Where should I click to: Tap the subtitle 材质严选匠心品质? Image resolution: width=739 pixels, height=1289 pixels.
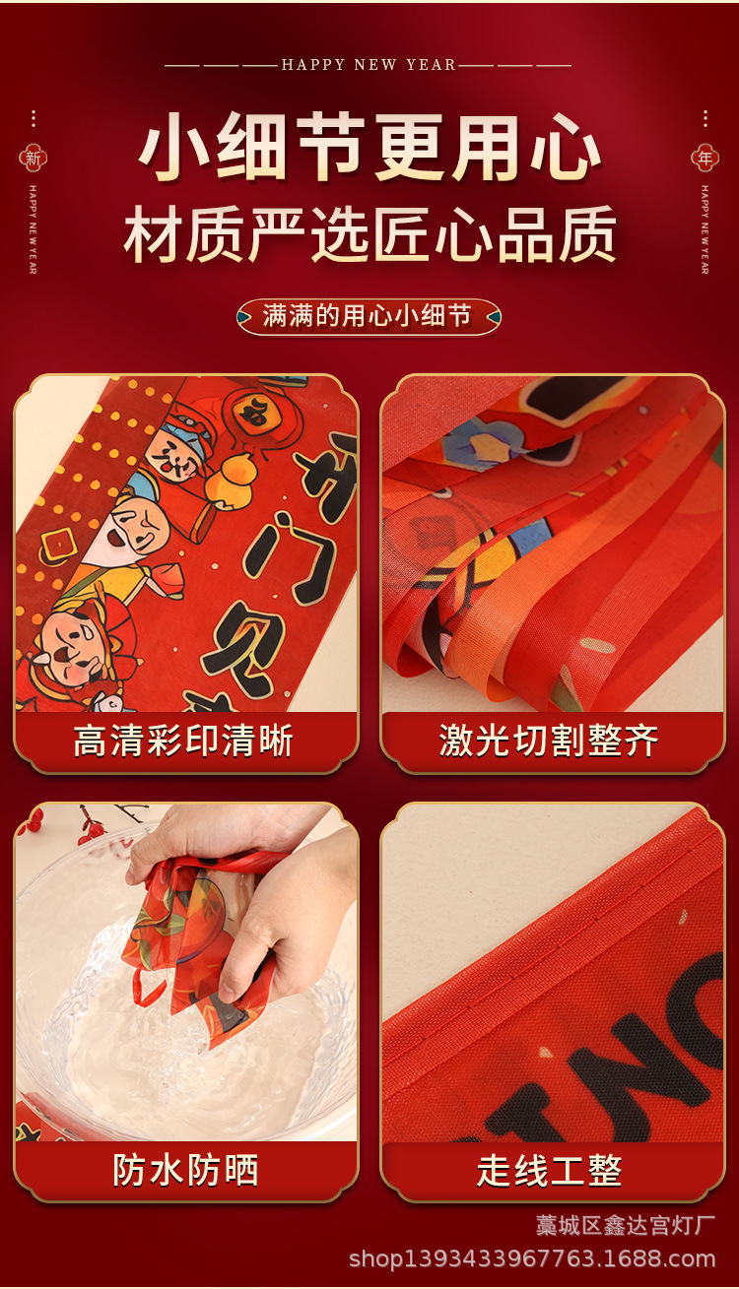(369, 234)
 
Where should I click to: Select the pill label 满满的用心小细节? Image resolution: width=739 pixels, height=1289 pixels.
(369, 316)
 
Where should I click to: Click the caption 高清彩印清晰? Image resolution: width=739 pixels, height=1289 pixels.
(184, 741)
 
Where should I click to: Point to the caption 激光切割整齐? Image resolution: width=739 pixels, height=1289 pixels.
(550, 741)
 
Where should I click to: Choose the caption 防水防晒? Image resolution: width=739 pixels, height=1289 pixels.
(185, 1170)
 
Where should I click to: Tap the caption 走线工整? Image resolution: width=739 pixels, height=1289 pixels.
(550, 1170)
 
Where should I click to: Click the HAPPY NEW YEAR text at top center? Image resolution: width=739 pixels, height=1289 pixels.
(369, 65)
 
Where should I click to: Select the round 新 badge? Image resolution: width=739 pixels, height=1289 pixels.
(33, 158)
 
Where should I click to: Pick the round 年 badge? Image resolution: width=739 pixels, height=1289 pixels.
(705, 158)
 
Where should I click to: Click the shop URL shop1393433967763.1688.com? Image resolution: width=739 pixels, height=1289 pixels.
(532, 1258)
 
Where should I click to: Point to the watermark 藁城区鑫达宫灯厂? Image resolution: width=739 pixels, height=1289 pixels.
(625, 1226)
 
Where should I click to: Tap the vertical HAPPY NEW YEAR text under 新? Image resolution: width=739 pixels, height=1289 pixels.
(33, 228)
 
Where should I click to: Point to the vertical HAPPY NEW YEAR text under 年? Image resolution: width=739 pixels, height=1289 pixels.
(705, 228)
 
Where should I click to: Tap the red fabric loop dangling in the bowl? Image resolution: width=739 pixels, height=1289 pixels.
(148, 987)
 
